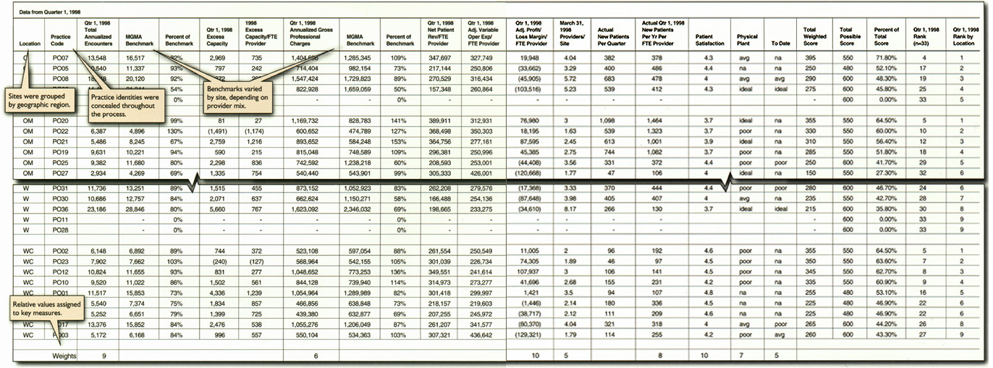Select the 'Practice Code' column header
pos(60,40)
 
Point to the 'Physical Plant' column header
pos(747,39)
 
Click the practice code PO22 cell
pos(61,131)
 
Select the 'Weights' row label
pos(64,356)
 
